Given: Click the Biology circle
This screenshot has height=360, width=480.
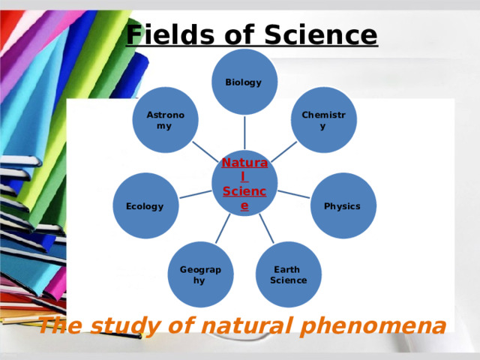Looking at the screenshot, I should pyautogui.click(x=244, y=82).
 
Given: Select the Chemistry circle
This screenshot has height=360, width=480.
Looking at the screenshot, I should pyautogui.click(x=323, y=120).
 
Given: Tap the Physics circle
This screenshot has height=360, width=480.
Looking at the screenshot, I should pyautogui.click(x=343, y=205).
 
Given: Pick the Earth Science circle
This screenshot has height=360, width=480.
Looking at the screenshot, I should pyautogui.click(x=288, y=274).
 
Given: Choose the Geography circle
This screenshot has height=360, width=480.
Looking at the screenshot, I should pyautogui.click(x=200, y=274).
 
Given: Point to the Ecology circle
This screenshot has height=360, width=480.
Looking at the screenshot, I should pyautogui.click(x=145, y=205).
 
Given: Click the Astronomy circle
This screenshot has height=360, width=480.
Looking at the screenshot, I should pyautogui.click(x=165, y=120).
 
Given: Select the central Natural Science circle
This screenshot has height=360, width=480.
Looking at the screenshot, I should pyautogui.click(x=244, y=182).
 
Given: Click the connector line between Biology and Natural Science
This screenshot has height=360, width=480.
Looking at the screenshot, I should pyautogui.click(x=244, y=132).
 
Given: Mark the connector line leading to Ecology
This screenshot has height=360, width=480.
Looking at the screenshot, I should pyautogui.click(x=195, y=194).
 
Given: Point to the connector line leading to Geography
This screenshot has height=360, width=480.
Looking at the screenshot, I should pyautogui.click(x=223, y=228).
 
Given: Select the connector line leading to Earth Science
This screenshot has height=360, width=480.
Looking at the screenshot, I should pyautogui.click(x=266, y=228).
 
